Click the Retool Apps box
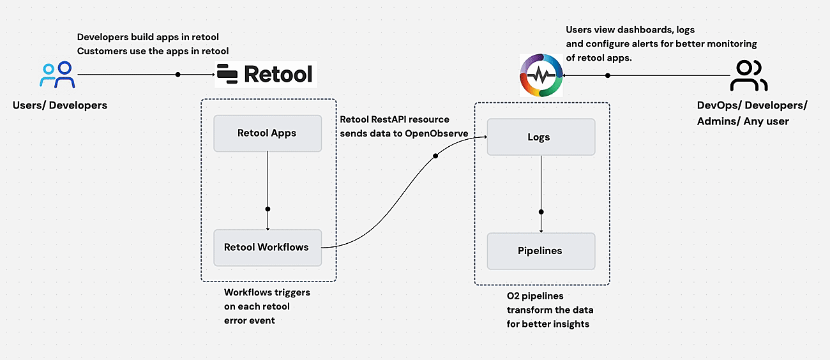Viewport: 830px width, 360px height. [x=267, y=133]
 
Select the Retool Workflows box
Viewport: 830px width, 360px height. [x=267, y=248]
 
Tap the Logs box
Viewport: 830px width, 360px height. [x=541, y=137]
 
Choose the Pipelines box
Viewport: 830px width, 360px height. [x=541, y=251]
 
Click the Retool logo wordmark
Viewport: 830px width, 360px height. [x=265, y=74]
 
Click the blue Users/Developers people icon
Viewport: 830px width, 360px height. [x=57, y=75]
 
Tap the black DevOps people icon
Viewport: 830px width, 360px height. [x=749, y=76]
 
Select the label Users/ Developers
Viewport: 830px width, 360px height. [x=60, y=105]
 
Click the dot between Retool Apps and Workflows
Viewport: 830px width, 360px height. [x=268, y=209]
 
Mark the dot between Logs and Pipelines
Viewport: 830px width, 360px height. [x=541, y=212]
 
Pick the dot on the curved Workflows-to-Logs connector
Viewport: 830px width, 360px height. [x=435, y=156]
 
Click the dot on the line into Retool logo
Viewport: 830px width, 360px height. [x=178, y=75]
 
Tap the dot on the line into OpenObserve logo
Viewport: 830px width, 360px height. [x=608, y=75]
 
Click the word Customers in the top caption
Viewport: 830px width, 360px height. [x=101, y=51]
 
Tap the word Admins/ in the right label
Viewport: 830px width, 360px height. [x=716, y=121]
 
